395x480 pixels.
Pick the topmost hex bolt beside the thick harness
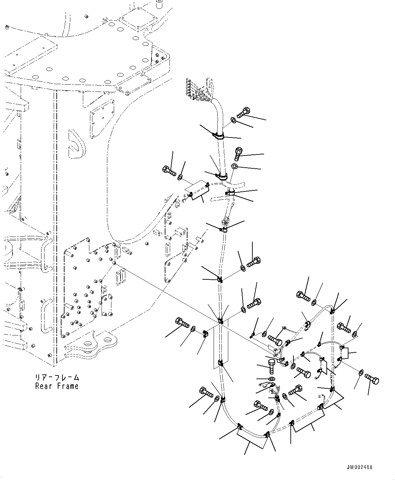244,112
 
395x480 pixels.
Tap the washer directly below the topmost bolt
233,120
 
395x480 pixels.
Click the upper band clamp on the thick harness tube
218,136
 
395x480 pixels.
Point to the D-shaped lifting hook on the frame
76,144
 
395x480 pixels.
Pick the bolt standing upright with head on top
272,367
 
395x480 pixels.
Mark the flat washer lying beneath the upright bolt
272,379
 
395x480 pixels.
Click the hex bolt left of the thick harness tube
169,171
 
